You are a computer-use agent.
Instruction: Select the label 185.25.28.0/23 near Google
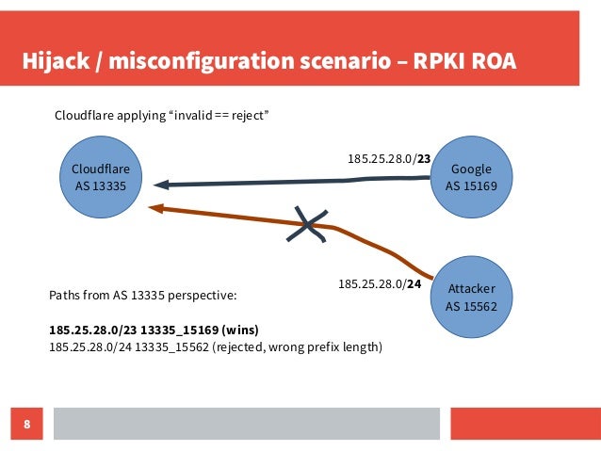389,159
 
